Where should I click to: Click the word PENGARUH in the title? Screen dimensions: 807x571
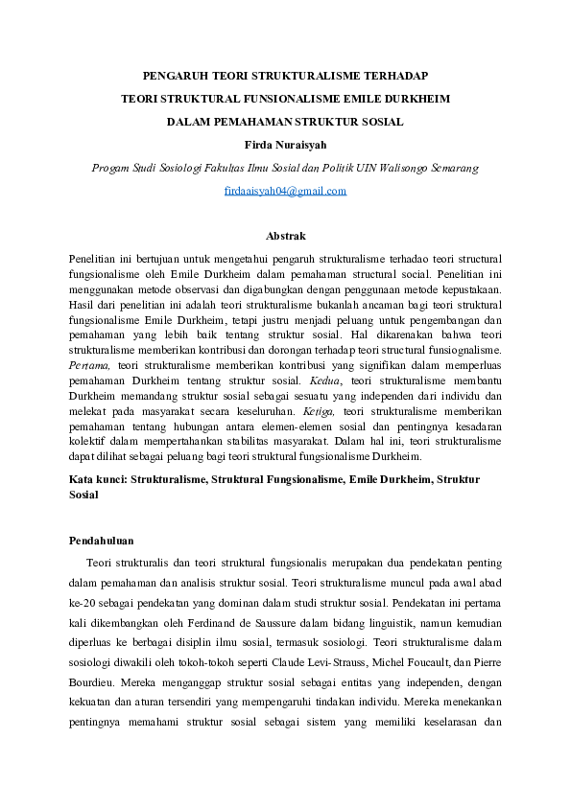tap(175, 74)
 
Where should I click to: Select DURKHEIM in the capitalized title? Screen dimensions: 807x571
tap(417, 98)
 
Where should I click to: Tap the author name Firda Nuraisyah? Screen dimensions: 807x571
tap(285, 144)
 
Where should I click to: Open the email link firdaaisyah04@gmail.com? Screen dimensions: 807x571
tap(285, 191)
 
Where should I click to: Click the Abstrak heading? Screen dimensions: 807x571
tap(285, 235)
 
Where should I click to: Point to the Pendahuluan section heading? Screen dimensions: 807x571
tap(102, 541)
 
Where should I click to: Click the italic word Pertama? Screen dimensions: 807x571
tap(89, 365)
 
